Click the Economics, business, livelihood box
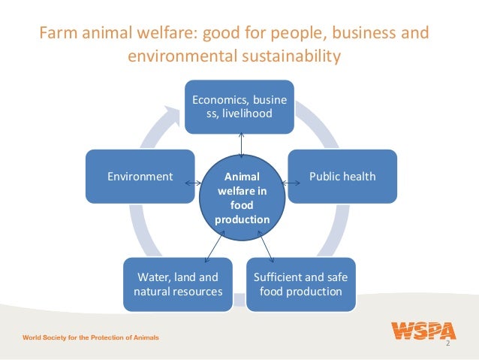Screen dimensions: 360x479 [240, 106]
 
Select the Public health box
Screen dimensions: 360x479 [342, 177]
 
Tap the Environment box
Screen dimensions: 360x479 [140, 177]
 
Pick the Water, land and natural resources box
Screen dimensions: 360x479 [178, 284]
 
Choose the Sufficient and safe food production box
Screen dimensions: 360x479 [301, 284]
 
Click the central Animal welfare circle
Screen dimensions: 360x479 [242, 197]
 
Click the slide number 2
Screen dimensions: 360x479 [447, 343]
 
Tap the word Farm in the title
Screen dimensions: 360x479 [56, 35]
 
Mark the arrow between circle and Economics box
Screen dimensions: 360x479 [241, 143]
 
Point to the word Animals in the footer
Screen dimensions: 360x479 [143, 337]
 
